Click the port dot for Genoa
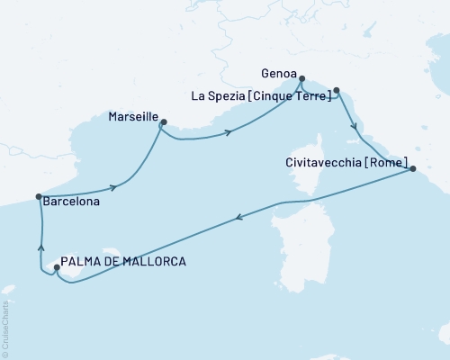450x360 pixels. pos(301,78)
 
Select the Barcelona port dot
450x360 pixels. pos(38,196)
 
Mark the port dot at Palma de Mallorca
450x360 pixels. pos(57,266)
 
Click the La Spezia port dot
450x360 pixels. pos(337,90)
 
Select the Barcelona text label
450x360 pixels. pos(70,203)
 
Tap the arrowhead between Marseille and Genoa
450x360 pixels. pos(229,133)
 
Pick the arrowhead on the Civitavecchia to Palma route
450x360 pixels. pos(238,216)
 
